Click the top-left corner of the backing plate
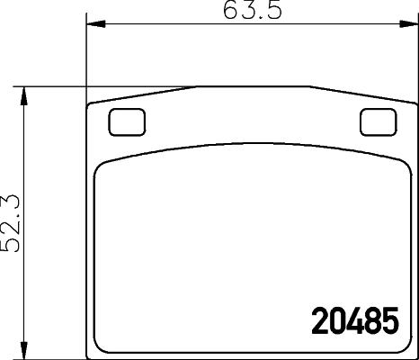[88, 105]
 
